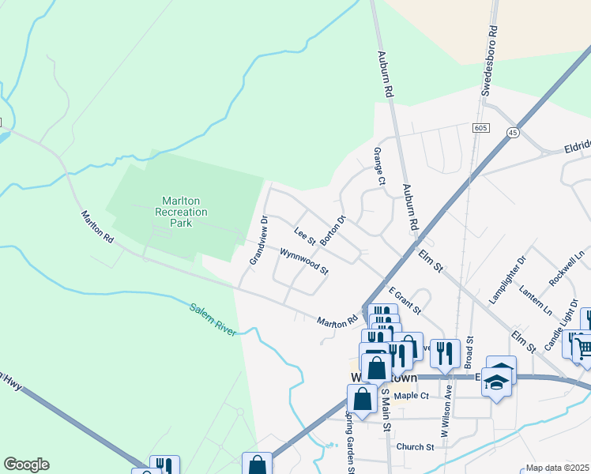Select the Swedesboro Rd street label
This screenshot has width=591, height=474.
[489, 62]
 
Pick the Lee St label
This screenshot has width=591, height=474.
[305, 235]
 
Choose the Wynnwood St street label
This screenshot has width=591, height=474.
[303, 261]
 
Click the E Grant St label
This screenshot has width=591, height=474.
[404, 301]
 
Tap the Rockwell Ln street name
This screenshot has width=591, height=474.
[568, 267]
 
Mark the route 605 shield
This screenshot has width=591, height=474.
[480, 127]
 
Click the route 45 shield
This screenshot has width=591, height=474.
[514, 132]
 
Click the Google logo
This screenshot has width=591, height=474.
[26, 465]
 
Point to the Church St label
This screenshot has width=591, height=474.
[416, 447]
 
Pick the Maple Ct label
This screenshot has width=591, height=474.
[411, 396]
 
